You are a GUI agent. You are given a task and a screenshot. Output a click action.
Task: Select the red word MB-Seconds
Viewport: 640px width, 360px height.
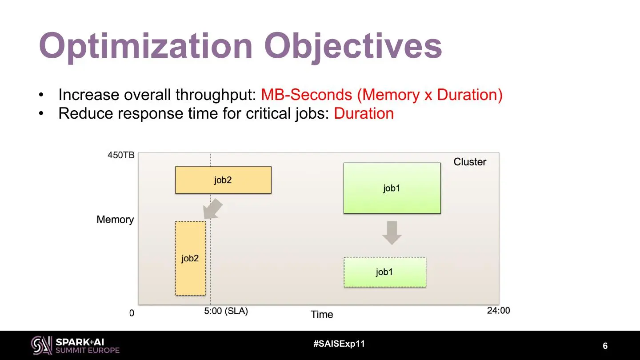click(307, 95)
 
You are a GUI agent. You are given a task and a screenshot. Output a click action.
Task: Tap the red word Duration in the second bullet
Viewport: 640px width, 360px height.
click(364, 113)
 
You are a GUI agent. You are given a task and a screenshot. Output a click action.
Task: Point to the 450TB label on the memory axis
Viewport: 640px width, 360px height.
click(121, 155)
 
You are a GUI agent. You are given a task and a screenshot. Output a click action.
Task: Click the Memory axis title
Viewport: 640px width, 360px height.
click(115, 220)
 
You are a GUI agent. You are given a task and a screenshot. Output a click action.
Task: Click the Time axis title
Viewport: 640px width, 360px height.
click(322, 314)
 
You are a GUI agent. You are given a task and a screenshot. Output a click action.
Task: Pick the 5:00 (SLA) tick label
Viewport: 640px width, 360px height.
click(226, 311)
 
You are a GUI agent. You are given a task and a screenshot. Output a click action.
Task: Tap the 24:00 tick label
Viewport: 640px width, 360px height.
click(499, 310)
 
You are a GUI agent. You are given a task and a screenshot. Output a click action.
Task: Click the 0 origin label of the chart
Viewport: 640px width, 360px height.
click(132, 313)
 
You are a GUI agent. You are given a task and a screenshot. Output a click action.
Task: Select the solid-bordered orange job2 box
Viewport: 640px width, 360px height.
click(223, 180)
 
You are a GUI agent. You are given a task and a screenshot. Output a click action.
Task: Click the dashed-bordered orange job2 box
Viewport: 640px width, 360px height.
click(190, 258)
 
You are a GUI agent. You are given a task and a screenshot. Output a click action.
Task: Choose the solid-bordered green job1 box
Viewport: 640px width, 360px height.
click(392, 188)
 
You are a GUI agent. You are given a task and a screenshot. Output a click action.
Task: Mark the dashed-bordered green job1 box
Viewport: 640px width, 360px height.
click(385, 272)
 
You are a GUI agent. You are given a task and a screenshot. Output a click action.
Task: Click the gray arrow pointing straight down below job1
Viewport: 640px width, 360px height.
click(392, 233)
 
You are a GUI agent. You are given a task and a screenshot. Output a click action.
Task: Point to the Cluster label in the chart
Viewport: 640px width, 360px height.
click(470, 162)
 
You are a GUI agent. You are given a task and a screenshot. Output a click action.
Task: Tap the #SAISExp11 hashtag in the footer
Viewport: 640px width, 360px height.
click(339, 344)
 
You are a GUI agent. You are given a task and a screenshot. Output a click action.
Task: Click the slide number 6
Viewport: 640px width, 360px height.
click(605, 346)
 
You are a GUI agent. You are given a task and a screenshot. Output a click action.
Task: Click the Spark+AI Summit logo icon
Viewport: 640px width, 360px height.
click(42, 345)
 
